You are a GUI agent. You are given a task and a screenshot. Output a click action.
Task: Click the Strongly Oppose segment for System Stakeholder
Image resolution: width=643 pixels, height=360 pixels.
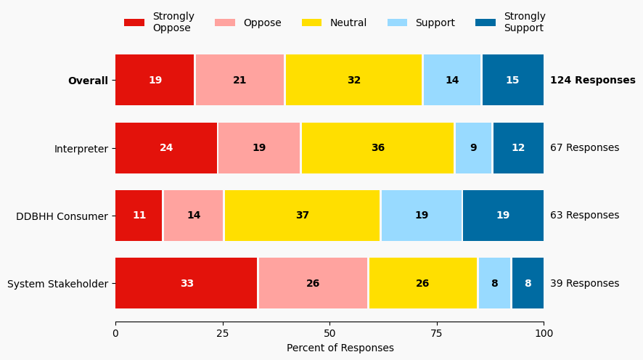[187, 283]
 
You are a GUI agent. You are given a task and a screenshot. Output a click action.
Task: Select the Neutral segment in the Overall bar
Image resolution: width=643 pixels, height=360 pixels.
[353, 80]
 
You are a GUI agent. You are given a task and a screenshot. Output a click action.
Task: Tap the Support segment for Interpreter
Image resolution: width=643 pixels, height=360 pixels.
[473, 148]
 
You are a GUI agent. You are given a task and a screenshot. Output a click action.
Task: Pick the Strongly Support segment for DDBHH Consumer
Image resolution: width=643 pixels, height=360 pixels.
[503, 216]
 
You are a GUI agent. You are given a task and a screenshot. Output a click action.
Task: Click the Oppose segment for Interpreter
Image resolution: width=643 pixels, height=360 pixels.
[259, 148]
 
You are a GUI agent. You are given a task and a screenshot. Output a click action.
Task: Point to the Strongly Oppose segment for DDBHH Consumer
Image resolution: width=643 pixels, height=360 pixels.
[139, 216]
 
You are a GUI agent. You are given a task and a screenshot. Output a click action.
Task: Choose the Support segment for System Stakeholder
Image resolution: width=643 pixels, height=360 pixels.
[494, 283]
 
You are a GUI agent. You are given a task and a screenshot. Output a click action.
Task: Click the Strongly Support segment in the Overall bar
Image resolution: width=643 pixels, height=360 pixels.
[512, 80]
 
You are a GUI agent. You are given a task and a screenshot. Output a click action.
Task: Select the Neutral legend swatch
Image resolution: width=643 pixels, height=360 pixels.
[312, 22]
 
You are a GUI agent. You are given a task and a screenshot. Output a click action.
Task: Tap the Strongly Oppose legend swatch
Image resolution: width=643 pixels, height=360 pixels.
[134, 22]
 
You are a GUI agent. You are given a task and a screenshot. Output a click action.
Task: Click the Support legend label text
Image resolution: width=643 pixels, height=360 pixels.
[435, 22]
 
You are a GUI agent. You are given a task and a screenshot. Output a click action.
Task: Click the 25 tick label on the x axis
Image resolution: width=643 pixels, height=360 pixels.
[223, 333]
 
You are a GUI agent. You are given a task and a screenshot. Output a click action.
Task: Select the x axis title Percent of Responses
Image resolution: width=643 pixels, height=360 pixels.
[340, 348]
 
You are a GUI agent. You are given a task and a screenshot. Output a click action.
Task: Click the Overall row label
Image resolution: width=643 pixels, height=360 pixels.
[88, 81]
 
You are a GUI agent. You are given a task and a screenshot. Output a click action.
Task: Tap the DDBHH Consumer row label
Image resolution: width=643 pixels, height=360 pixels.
[62, 216]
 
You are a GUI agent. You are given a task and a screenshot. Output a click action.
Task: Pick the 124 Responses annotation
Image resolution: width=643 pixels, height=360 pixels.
[592, 80]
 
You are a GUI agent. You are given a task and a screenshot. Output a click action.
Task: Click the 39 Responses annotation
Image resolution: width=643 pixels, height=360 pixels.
[584, 283]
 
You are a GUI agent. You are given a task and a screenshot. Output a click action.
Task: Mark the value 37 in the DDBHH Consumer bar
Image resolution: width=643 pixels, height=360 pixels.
[302, 216]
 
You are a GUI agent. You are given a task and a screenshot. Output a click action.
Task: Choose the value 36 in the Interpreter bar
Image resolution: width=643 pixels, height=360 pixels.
[377, 148]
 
